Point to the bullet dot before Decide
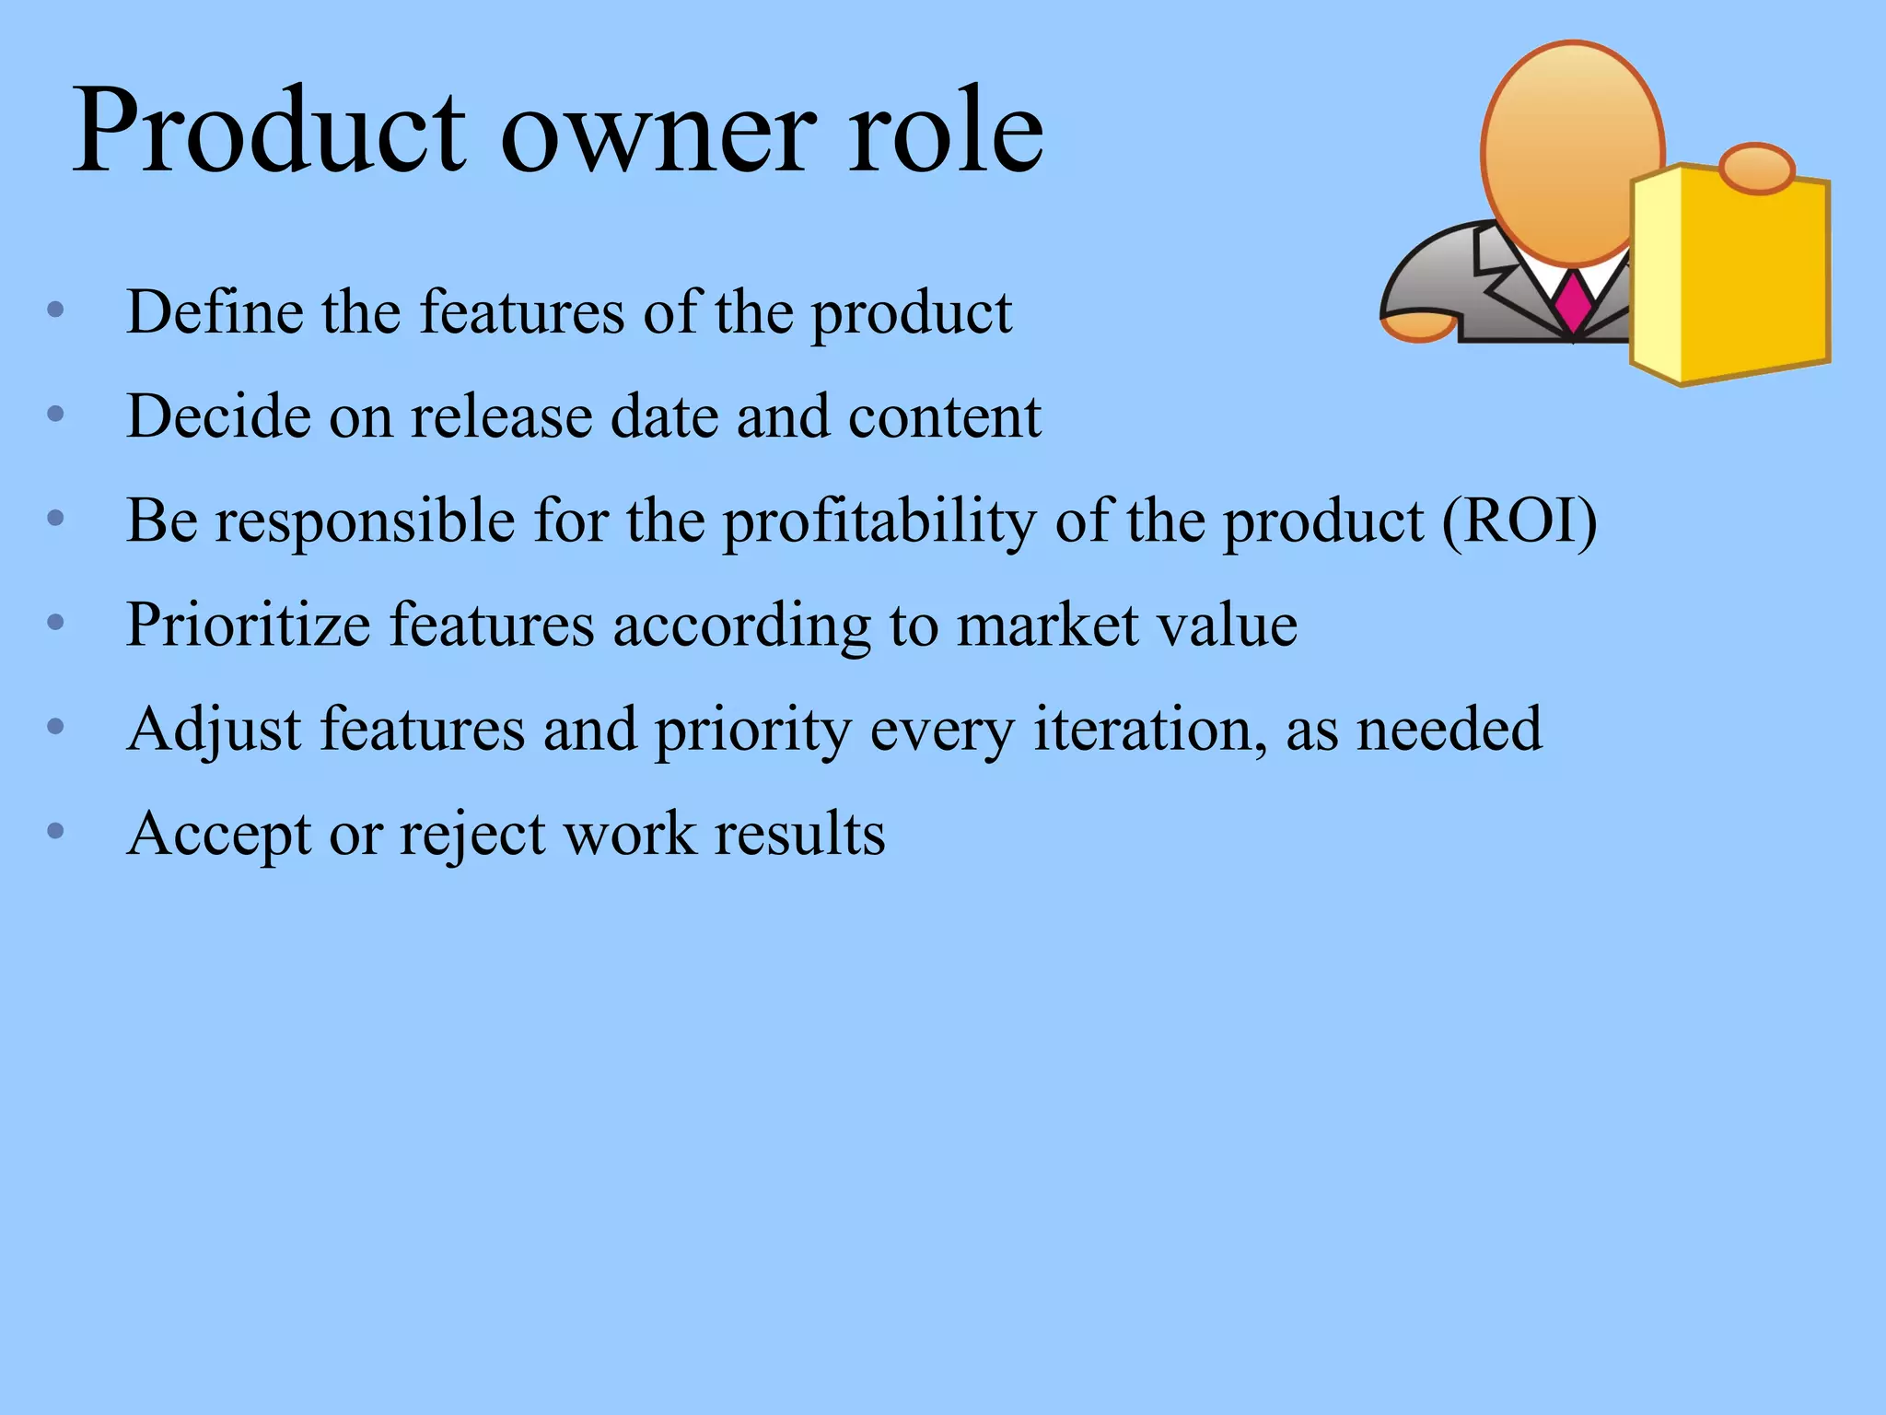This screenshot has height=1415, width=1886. coord(55,415)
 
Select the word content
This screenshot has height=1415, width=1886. coord(944,416)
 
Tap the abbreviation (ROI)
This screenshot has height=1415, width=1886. coord(1519,520)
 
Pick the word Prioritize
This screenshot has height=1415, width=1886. coord(248,626)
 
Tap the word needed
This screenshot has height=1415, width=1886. coord(1449,730)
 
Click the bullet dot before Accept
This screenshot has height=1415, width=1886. coord(55,831)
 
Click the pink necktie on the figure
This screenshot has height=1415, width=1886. coord(1573,302)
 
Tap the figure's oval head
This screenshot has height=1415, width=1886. coord(1572,152)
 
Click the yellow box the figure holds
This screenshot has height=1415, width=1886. coord(1731,276)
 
